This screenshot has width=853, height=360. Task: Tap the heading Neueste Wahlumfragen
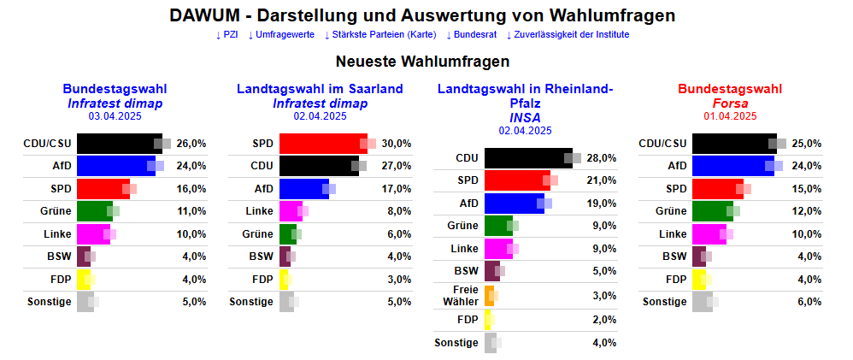[x=422, y=62]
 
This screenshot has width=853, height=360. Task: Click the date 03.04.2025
[x=115, y=116]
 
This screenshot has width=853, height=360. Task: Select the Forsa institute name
[x=729, y=103]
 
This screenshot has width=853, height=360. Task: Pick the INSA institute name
[x=525, y=117]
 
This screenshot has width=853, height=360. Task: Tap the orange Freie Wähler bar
[x=489, y=296]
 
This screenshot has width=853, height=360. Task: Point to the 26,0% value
[x=191, y=143]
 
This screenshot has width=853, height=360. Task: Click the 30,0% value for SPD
[x=396, y=143]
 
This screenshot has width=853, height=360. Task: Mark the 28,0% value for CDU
[x=601, y=158]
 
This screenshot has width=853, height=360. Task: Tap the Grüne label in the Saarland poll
[x=257, y=233]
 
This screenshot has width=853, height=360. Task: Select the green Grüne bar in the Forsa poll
[x=712, y=211]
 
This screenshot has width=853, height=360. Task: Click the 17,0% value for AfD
[x=396, y=188]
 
